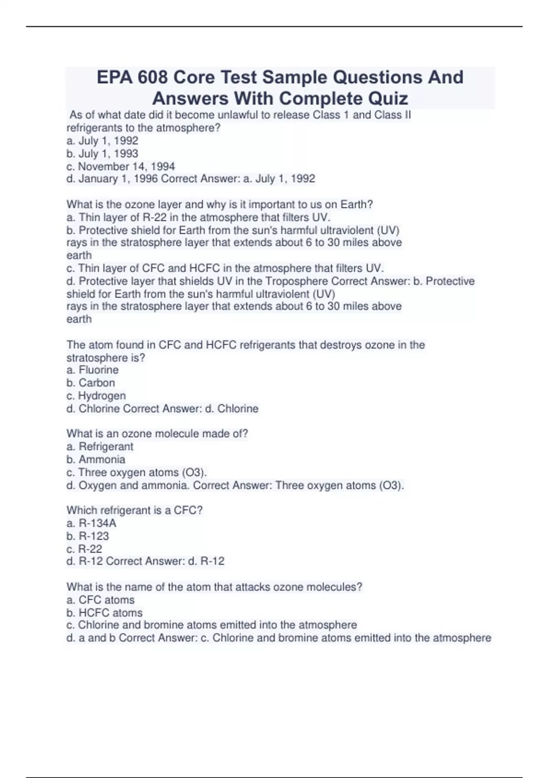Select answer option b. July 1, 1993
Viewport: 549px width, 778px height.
click(x=102, y=154)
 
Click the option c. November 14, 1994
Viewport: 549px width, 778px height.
click(x=121, y=167)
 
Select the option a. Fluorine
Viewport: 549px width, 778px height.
click(x=92, y=370)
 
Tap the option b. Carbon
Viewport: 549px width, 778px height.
click(x=91, y=383)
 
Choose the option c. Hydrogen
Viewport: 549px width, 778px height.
click(x=96, y=396)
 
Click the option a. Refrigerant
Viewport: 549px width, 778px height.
click(x=100, y=447)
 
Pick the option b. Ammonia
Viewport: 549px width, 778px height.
click(x=96, y=459)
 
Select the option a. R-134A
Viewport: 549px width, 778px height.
click(x=91, y=523)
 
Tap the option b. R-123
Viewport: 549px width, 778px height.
click(x=88, y=536)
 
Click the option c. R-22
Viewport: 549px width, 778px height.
click(x=84, y=549)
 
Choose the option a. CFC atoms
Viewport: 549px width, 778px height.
click(x=100, y=600)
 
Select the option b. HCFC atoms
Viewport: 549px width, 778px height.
click(x=104, y=613)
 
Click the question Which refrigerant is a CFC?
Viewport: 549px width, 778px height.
click(x=135, y=510)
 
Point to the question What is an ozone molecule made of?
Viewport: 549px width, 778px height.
click(x=157, y=433)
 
